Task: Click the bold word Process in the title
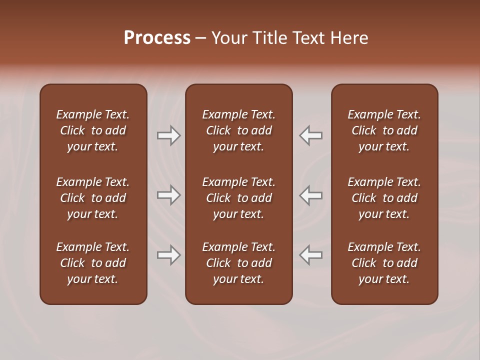[x=157, y=38]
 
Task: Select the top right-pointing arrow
[x=169, y=135]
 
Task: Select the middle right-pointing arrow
[x=169, y=195]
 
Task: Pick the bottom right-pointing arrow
[x=169, y=255]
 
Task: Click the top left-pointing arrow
[x=311, y=135]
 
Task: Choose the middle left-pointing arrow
[x=311, y=195]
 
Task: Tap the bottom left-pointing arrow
[x=311, y=255]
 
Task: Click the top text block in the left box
[x=93, y=130]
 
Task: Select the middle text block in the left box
[x=93, y=198]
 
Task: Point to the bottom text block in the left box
[x=93, y=263]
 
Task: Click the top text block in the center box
[x=239, y=130]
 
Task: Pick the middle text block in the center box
[x=239, y=198]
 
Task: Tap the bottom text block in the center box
[x=239, y=263]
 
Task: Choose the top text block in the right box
[x=384, y=130]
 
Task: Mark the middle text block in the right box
[x=384, y=198]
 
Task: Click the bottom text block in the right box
[x=384, y=263]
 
